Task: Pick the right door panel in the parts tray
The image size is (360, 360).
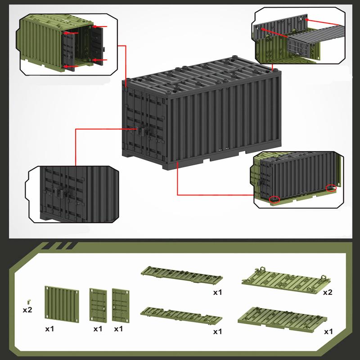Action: click(120, 304)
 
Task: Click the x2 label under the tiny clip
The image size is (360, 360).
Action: click(28, 310)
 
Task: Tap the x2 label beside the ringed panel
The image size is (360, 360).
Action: click(328, 292)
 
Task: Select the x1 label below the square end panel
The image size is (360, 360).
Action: click(49, 329)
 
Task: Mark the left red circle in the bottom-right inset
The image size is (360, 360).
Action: click(274, 199)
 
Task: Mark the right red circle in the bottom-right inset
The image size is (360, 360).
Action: click(331, 188)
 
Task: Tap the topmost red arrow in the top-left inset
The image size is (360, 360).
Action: click(102, 27)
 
